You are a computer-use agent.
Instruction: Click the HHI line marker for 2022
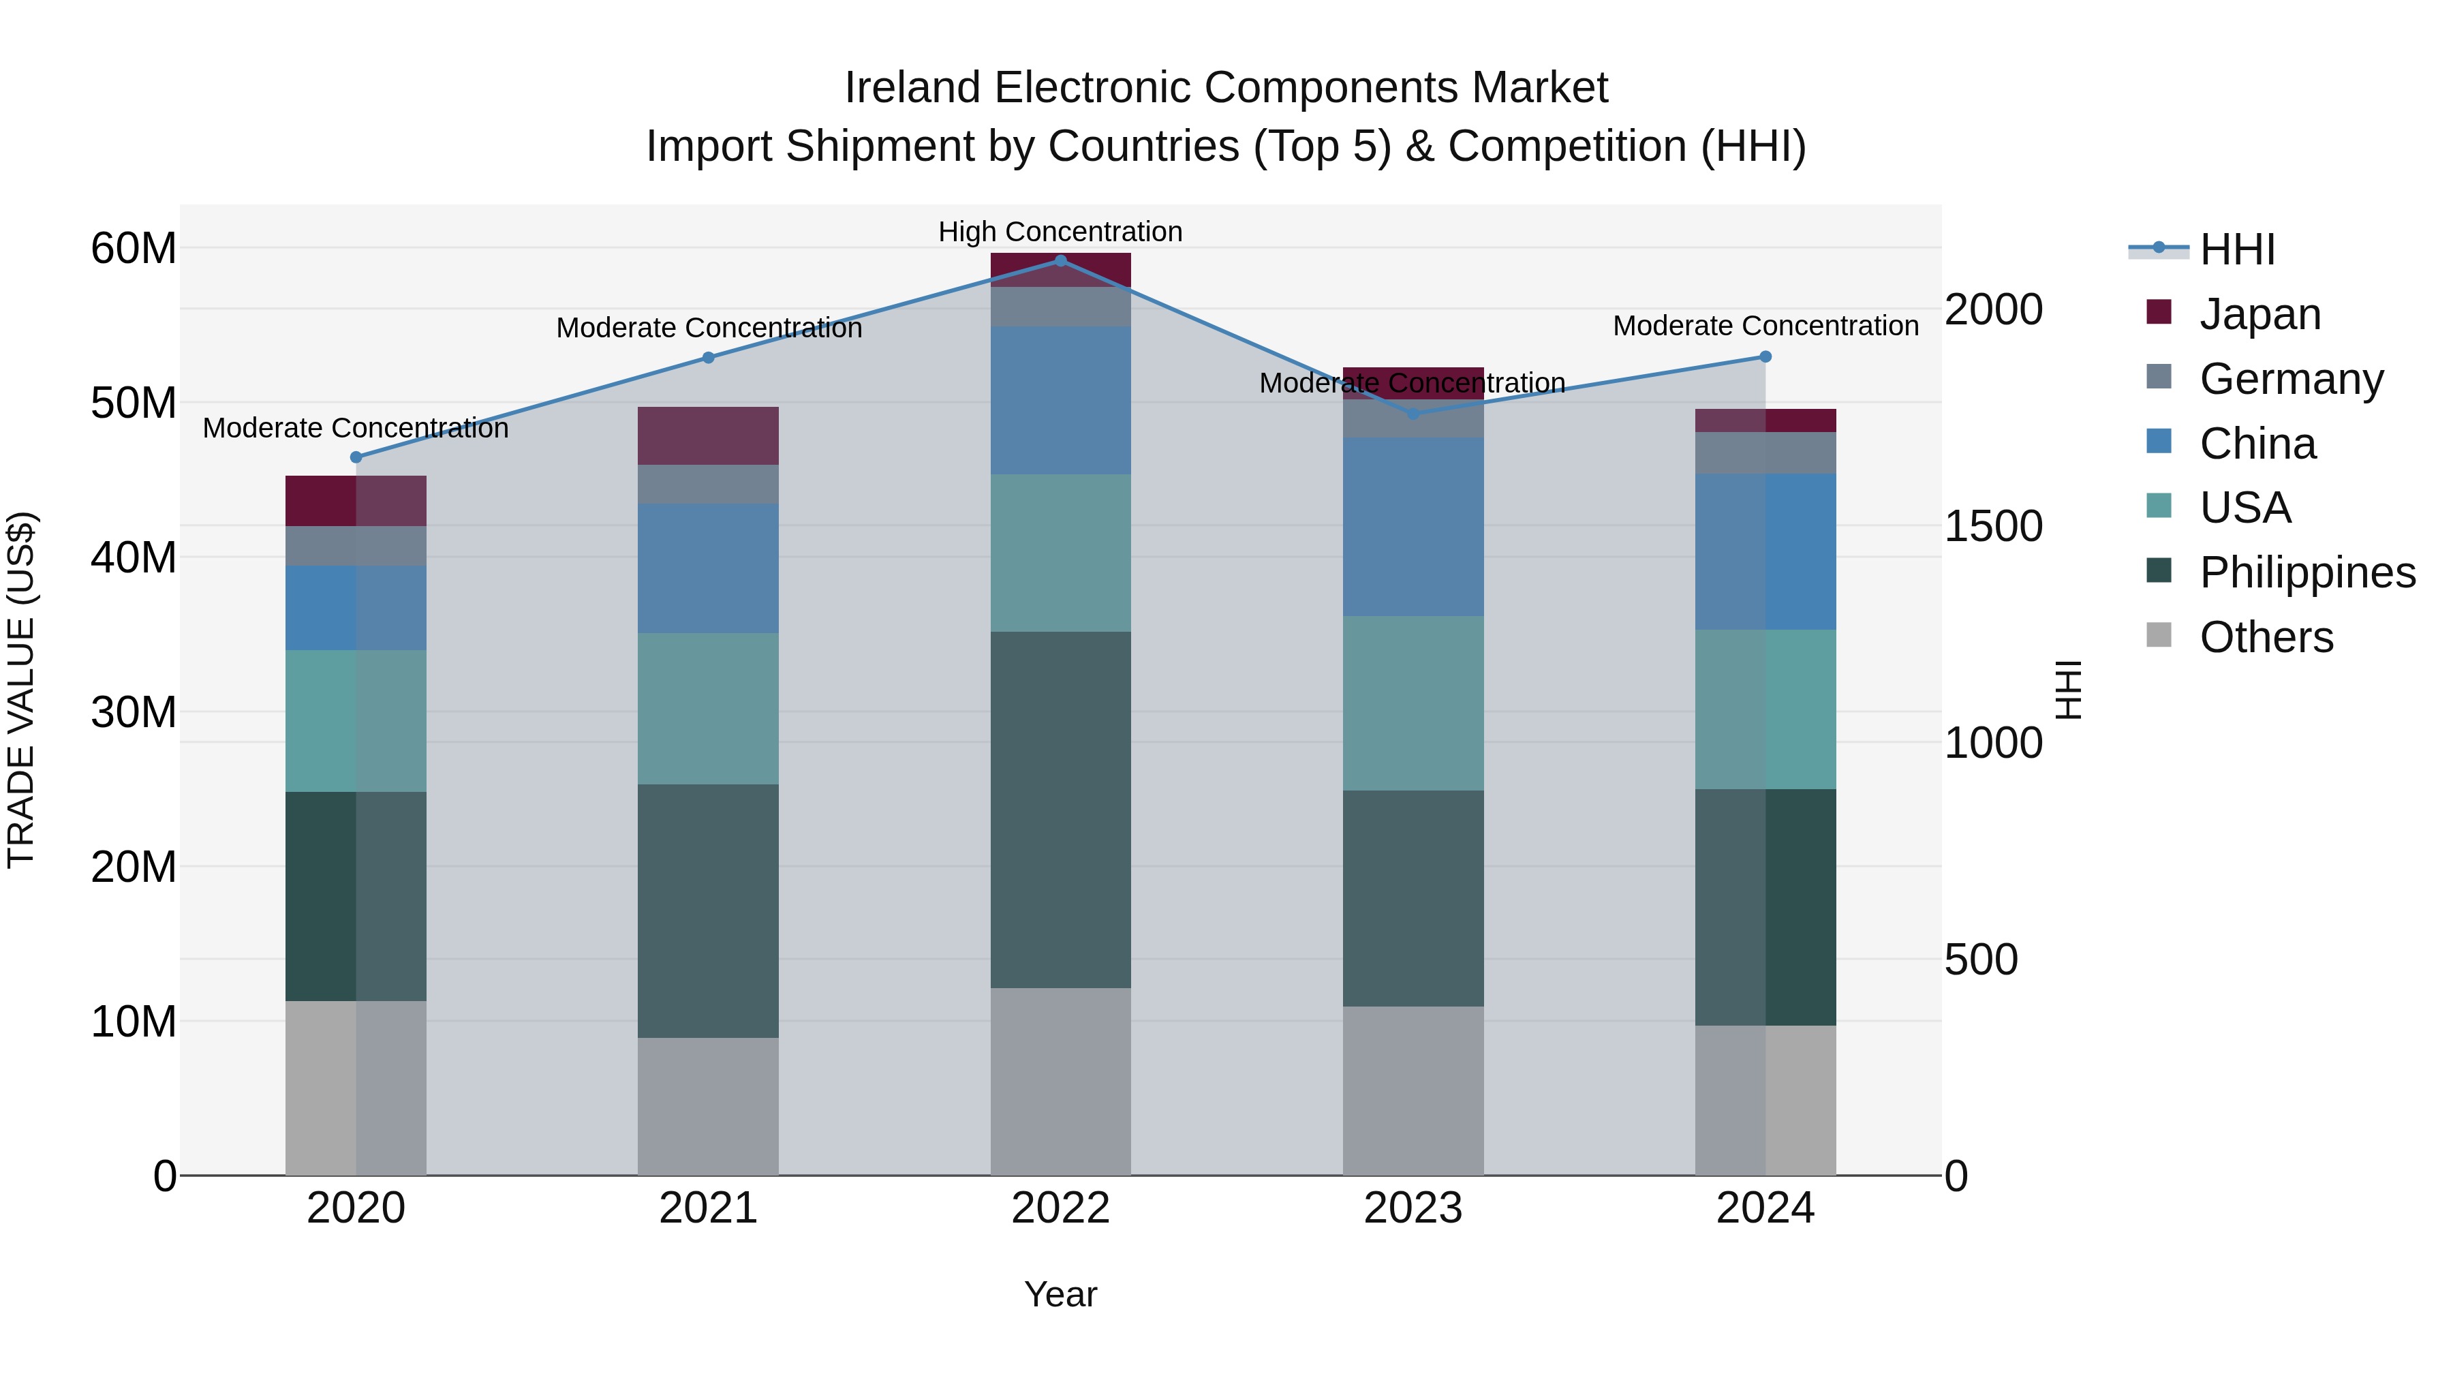1061,261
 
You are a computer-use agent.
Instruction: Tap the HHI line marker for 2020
356,457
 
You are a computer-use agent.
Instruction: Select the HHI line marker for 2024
1765,357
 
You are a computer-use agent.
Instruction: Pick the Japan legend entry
2259,314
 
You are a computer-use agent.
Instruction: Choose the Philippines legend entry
2307,572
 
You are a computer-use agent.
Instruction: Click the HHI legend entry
2237,249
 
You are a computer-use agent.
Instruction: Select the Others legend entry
2266,637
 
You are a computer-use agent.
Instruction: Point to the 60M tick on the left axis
134,249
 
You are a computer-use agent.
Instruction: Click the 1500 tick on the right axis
1993,527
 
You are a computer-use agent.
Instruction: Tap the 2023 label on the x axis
1413,1208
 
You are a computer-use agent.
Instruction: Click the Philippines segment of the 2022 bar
1061,810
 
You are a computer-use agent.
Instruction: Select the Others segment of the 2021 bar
709,1106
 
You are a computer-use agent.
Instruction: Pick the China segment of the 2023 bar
1413,527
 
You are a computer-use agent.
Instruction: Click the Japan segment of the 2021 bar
709,436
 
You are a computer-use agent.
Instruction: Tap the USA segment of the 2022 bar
1061,553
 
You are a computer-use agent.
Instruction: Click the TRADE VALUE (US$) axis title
21,690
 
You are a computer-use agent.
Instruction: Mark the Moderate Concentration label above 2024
1765,326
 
